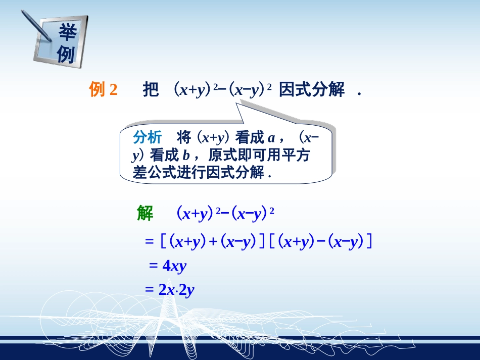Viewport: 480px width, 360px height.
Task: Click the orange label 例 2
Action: pos(103,90)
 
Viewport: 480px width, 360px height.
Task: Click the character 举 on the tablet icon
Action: pos(67,33)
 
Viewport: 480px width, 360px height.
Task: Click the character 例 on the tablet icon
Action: pos(66,54)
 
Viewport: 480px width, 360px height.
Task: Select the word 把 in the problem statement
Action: pos(151,90)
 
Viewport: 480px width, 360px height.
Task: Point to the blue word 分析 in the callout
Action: pos(148,137)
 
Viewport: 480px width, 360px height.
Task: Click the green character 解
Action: pos(145,214)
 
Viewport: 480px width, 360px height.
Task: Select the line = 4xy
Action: pos(168,266)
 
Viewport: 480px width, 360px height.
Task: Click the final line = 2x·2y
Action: pos(170,290)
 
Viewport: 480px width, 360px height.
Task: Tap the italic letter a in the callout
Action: pos(271,138)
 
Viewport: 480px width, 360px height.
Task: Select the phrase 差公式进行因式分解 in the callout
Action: pos(198,173)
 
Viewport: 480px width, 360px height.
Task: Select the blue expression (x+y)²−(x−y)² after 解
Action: pos(225,214)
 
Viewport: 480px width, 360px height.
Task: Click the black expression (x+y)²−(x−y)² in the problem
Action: pos(223,90)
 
